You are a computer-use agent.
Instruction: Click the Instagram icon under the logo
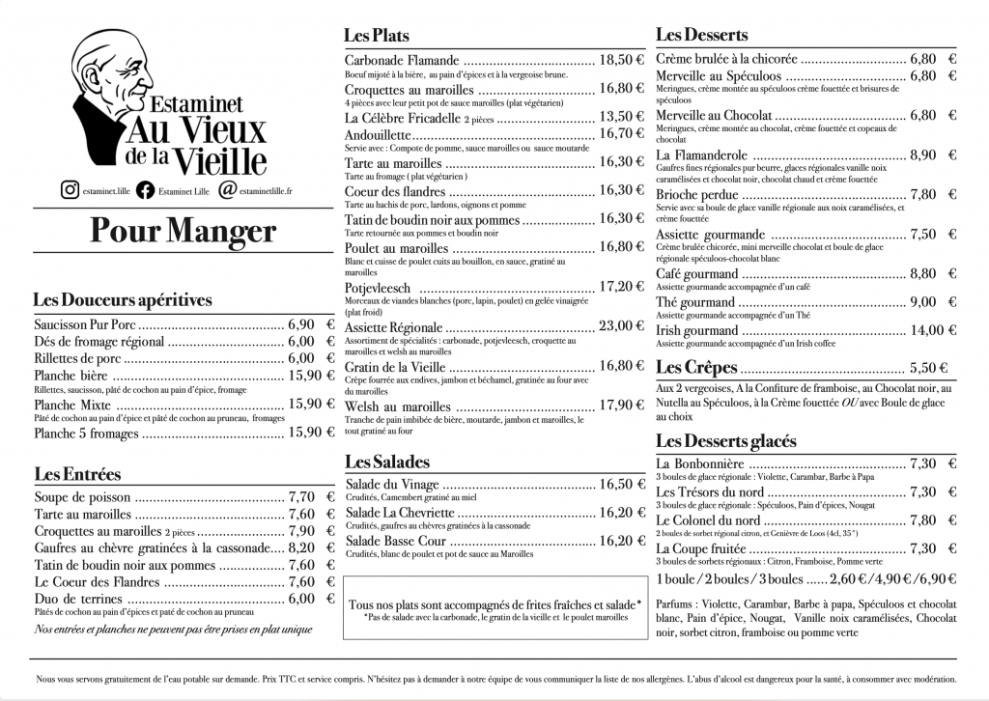click(70, 190)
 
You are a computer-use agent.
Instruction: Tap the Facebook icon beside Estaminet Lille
click(145, 190)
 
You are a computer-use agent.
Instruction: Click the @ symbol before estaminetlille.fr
click(227, 190)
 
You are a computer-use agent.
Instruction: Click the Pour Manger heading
click(183, 232)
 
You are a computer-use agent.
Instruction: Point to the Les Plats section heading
click(377, 36)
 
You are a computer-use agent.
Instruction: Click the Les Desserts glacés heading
click(725, 441)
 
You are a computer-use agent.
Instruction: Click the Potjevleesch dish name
click(378, 288)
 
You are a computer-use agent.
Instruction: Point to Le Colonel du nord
click(707, 520)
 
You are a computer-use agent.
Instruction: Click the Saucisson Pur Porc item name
click(85, 324)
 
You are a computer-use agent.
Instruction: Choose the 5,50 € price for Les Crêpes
click(928, 368)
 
